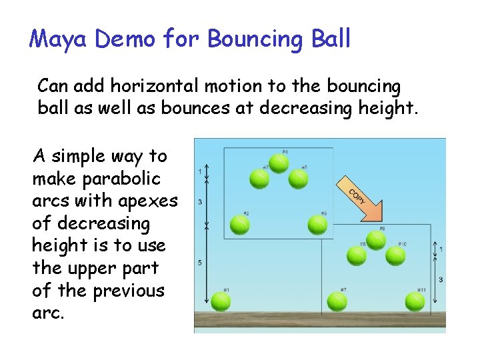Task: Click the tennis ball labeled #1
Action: (220, 301)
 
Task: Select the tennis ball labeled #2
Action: (239, 225)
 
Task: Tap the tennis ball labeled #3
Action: (259, 179)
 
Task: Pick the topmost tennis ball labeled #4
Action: (279, 163)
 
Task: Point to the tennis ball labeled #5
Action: (299, 179)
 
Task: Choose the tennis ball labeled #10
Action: (395, 255)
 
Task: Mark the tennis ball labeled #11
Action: (415, 301)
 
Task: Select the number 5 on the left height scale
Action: (200, 263)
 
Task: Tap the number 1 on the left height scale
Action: (200, 171)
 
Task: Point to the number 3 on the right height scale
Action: (441, 279)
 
